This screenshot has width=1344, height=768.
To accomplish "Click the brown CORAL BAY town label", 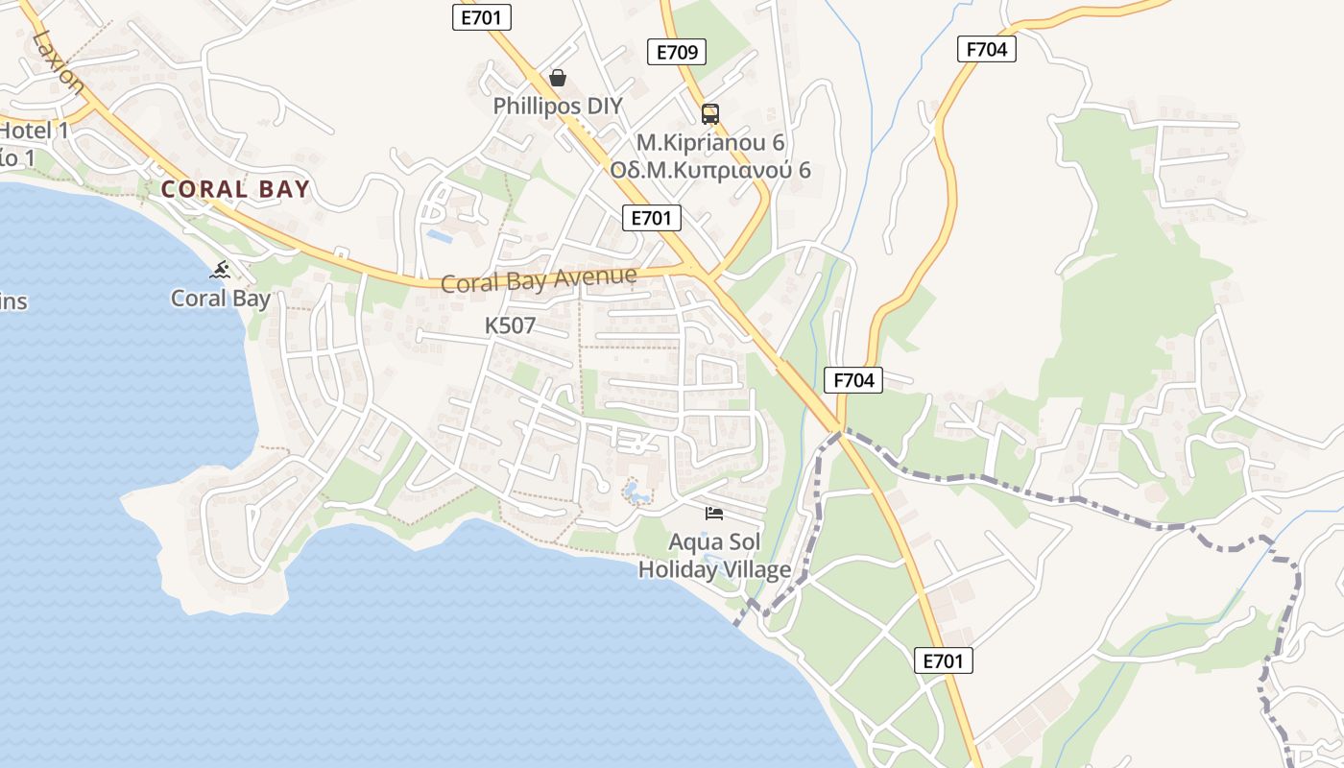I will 235,189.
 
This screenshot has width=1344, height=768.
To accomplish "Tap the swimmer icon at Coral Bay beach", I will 221,270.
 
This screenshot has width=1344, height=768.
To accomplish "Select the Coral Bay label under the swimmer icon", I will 221,299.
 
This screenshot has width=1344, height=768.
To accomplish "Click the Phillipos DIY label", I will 558,106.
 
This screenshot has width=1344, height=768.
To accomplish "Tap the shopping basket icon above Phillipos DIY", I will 558,77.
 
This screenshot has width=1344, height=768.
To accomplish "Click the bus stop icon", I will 710,114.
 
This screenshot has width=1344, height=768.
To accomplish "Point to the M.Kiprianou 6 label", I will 710,142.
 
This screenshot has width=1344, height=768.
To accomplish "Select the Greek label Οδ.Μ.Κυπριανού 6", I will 710,170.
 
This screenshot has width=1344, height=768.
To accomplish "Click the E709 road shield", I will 677,52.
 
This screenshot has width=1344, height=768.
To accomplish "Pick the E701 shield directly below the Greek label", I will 652,218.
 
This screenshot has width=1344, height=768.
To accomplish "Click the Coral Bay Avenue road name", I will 538,280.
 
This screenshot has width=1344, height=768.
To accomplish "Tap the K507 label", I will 510,325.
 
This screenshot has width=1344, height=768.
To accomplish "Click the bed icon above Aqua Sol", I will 714,513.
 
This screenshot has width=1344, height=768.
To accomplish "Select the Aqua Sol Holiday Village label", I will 714,556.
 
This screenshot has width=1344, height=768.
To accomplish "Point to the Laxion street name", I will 58,60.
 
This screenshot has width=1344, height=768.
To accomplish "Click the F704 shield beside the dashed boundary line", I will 853,380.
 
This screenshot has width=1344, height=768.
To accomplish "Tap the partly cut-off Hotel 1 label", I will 35,131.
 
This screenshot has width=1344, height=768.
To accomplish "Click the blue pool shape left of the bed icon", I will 636,493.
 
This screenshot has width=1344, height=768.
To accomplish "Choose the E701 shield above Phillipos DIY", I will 482,16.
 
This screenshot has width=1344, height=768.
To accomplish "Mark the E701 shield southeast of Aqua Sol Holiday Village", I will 943,660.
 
